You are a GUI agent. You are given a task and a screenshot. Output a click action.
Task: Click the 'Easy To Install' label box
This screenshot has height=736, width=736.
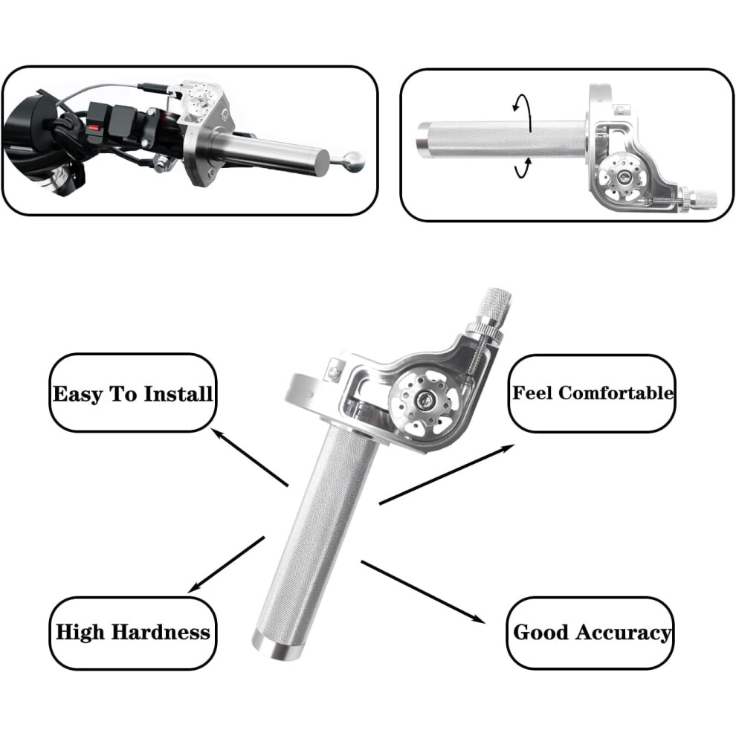(x=133, y=393)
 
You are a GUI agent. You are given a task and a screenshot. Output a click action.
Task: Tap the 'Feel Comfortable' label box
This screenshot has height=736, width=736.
(x=592, y=393)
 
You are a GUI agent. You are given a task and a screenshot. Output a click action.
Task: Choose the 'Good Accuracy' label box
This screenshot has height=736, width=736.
(x=590, y=633)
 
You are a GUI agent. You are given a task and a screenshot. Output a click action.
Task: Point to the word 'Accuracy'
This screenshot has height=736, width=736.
(x=623, y=633)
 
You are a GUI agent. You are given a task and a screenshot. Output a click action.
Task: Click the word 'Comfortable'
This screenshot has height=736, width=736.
(x=616, y=393)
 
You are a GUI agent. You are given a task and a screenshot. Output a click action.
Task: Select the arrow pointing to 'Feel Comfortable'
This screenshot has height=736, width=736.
(x=446, y=474)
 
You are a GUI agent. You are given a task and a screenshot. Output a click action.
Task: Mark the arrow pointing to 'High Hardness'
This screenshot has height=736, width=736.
(x=226, y=565)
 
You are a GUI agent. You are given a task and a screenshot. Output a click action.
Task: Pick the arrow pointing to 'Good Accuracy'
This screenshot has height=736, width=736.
(x=422, y=592)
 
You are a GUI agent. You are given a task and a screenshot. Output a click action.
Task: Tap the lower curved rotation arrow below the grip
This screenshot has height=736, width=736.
(x=525, y=167)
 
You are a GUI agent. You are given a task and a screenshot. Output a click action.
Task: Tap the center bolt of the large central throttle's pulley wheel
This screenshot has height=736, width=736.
(x=425, y=401)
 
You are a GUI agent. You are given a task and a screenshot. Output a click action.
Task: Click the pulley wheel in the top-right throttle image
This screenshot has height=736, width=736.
(x=624, y=178)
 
